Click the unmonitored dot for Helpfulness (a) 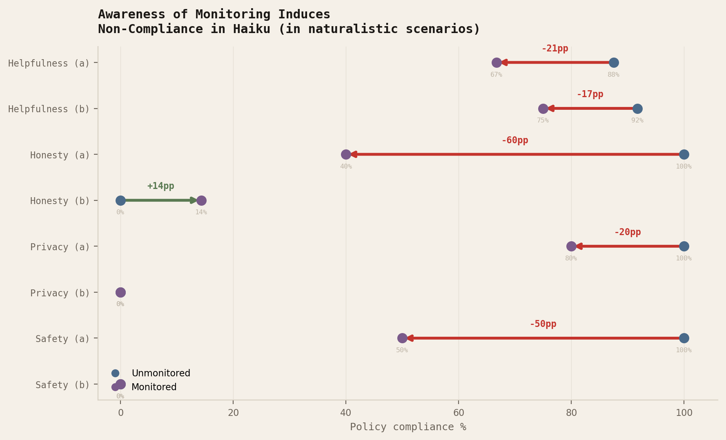(x=614, y=62)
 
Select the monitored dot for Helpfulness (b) (x=543, y=109)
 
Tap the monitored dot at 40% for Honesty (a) (x=346, y=154)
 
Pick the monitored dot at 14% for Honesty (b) (x=201, y=200)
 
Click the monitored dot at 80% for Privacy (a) (x=571, y=246)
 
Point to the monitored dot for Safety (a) (x=402, y=338)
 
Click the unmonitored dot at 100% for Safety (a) (x=684, y=338)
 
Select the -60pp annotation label (x=514, y=140)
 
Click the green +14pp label (x=160, y=186)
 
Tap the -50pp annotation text (x=543, y=324)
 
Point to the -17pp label (x=590, y=94)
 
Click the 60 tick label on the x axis (x=459, y=413)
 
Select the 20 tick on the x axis (x=233, y=413)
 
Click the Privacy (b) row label (x=60, y=293)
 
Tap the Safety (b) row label (x=62, y=385)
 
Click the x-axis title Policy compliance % (x=408, y=427)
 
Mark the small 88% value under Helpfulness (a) (x=613, y=75)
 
